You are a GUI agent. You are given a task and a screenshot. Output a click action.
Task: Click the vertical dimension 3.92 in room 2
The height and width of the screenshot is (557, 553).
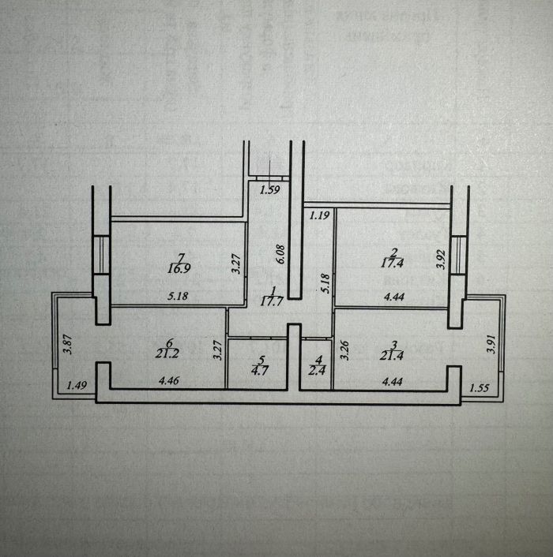pyautogui.click(x=441, y=260)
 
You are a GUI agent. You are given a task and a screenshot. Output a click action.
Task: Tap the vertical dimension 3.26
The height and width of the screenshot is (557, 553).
pyautogui.click(x=344, y=350)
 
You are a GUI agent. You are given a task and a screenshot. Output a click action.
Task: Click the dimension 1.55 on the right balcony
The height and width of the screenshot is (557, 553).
pyautogui.click(x=480, y=387)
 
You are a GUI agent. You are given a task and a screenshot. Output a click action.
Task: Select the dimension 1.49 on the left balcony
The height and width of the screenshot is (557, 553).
pyautogui.click(x=77, y=385)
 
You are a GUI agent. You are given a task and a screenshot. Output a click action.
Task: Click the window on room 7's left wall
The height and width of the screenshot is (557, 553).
pyautogui.click(x=101, y=254)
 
